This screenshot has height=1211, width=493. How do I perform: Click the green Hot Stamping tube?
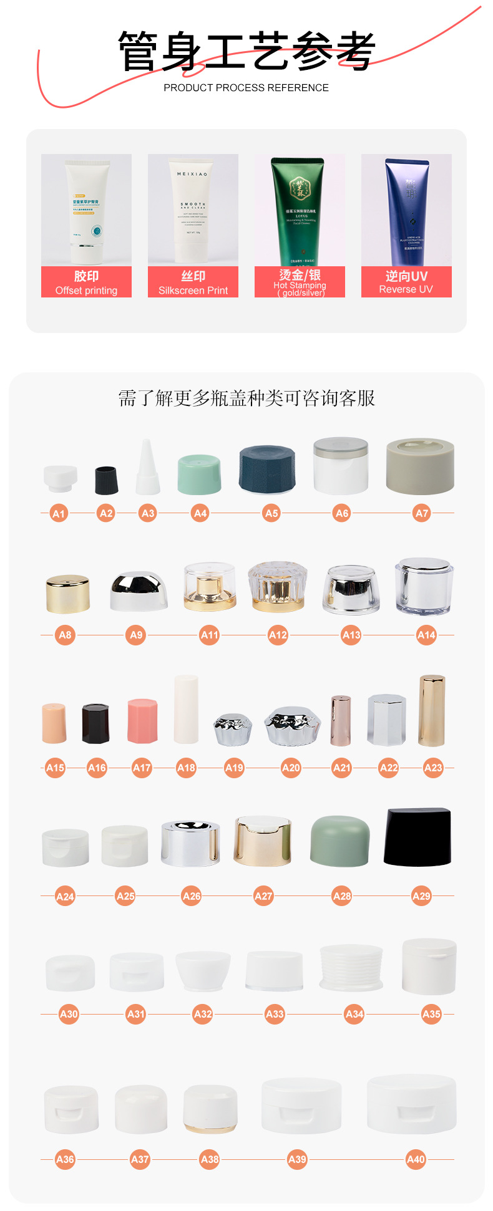pyautogui.click(x=300, y=211)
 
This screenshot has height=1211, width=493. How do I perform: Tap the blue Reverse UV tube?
pyautogui.click(x=406, y=211)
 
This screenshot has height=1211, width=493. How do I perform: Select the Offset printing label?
pyautogui.click(x=86, y=282)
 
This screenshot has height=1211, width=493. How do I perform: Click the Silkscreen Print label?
pyautogui.click(x=193, y=282)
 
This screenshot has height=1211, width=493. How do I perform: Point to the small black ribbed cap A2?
pyautogui.click(x=106, y=480)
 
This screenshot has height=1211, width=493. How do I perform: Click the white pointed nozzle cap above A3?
pyautogui.click(x=148, y=468)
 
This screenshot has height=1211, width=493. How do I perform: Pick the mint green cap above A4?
pyautogui.click(x=200, y=475)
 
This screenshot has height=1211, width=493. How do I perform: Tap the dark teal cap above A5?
pyautogui.click(x=267, y=468)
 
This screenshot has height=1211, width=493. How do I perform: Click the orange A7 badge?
pyautogui.click(x=422, y=513)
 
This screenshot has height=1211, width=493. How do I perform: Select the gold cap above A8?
pyautogui.click(x=67, y=594)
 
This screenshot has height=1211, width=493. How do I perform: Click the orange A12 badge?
pyautogui.click(x=278, y=635)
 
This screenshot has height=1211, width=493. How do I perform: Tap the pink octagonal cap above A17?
pyautogui.click(x=142, y=721)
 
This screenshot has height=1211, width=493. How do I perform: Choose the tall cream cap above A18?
pyautogui.click(x=186, y=710)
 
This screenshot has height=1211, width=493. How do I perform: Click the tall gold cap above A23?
pyautogui.click(x=432, y=710)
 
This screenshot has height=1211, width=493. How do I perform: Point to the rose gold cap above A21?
pyautogui.click(x=341, y=720)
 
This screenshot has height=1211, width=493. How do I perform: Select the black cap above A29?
pyautogui.click(x=417, y=837)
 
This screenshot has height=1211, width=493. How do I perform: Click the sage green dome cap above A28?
pyautogui.click(x=339, y=841)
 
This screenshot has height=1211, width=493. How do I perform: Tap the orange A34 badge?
pyautogui.click(x=354, y=1014)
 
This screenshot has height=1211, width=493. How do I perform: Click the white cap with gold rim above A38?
pyautogui.click(x=210, y=1109)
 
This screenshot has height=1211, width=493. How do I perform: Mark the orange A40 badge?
pyautogui.click(x=416, y=1159)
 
